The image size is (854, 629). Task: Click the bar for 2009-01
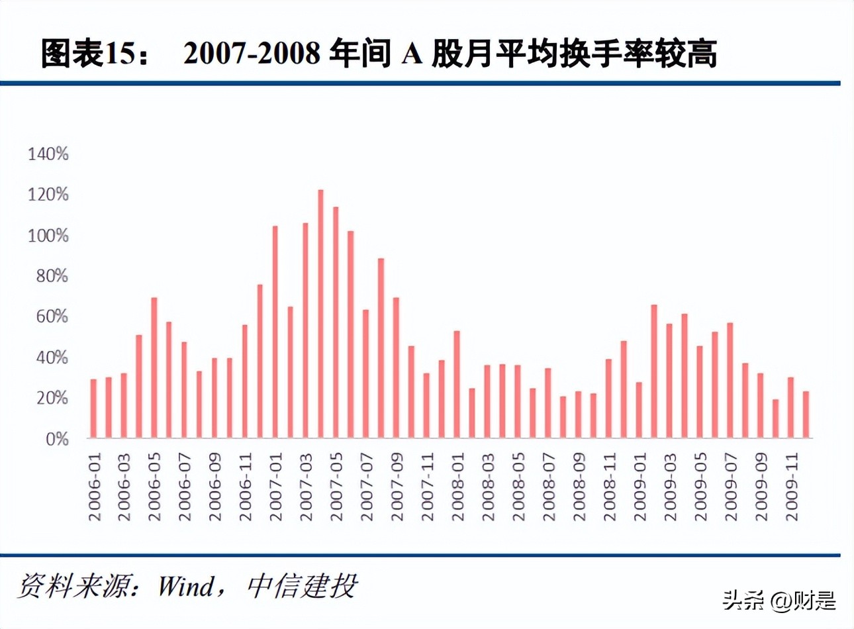click(639, 410)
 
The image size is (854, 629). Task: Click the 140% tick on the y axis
click(48, 154)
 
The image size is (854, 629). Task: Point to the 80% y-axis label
click(52, 276)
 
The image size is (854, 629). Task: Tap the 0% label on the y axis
click(57, 439)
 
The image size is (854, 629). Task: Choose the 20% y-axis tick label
click(52, 399)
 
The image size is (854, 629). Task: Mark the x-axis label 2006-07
click(185, 487)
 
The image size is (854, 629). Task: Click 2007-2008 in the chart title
click(252, 54)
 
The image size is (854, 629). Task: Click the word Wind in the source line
click(187, 587)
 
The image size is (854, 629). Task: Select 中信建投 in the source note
click(302, 587)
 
